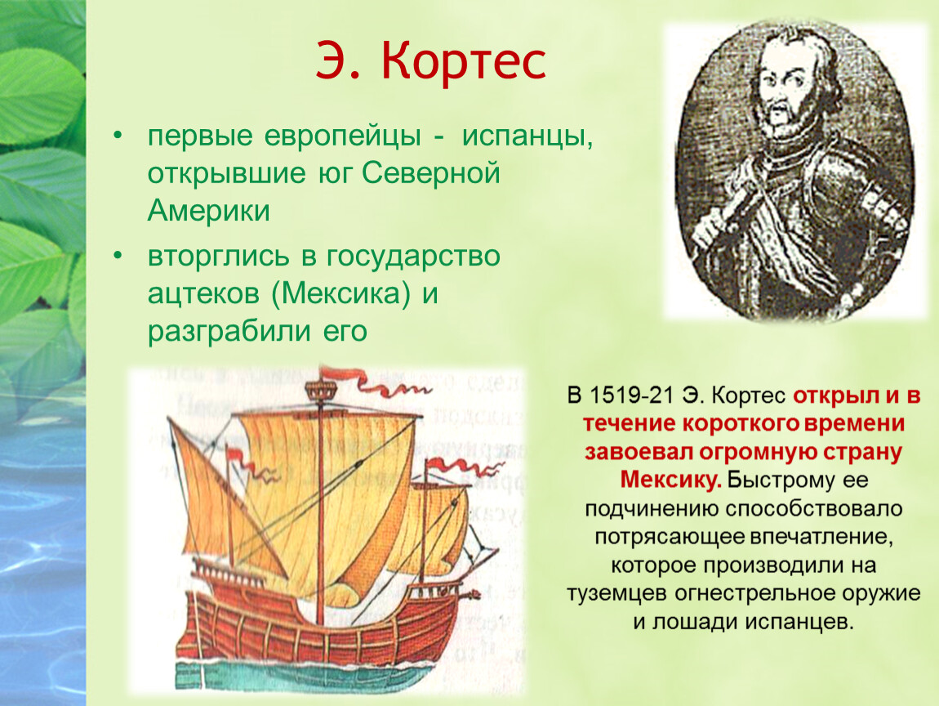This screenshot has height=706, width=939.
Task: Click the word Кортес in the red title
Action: [463, 61]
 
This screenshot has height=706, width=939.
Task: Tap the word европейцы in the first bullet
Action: [343, 136]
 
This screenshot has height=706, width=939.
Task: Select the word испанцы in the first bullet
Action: [527, 136]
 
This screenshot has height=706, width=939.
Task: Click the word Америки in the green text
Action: [208, 210]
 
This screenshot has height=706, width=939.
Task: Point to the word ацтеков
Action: [204, 294]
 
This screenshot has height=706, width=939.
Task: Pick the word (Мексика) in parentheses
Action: [341, 293]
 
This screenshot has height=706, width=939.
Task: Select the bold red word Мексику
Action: [670, 480]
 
